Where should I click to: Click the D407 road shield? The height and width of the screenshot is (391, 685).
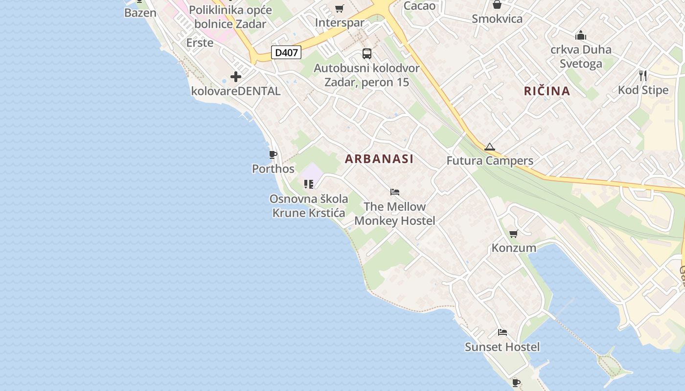286,52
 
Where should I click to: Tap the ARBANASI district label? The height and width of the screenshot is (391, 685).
379,159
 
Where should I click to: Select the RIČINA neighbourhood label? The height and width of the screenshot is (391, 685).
547,91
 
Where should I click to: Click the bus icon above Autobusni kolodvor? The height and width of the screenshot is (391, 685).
367,54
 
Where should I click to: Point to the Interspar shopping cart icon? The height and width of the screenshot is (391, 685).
339,9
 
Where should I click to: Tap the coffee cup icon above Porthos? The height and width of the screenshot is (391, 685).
273,155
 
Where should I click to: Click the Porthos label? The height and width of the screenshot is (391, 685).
273,169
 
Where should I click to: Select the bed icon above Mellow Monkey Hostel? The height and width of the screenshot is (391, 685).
395,192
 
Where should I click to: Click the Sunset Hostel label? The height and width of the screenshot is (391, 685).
502,347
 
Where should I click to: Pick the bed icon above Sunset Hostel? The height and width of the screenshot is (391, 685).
502,332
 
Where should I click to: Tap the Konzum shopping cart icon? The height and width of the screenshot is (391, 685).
513,234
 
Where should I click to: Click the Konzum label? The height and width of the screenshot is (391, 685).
514,248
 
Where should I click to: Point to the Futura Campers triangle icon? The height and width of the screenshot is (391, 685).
489,147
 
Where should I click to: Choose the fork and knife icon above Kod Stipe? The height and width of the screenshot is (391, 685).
643,76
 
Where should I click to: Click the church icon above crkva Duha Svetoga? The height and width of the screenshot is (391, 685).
581,35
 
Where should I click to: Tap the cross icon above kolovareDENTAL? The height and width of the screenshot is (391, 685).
236,77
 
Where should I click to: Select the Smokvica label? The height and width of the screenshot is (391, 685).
497,19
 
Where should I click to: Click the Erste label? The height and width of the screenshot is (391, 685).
200,43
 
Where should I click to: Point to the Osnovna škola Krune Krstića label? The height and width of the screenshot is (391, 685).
309,206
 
